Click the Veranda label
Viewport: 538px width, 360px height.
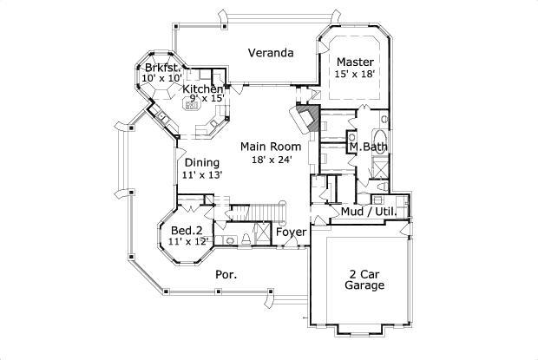[270, 53]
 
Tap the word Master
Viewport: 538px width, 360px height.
[355, 62]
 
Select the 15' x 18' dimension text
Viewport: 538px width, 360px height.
[355, 75]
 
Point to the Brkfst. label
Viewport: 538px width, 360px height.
[161, 68]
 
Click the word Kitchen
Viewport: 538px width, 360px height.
[202, 89]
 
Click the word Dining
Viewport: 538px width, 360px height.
[201, 161]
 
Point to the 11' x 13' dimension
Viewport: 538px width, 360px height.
[202, 174]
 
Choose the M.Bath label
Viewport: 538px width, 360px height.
[368, 147]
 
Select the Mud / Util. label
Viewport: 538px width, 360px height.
[368, 211]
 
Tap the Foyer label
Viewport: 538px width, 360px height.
[290, 232]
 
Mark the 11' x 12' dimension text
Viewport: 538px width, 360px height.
[188, 242]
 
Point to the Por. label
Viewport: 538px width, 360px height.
[226, 274]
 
